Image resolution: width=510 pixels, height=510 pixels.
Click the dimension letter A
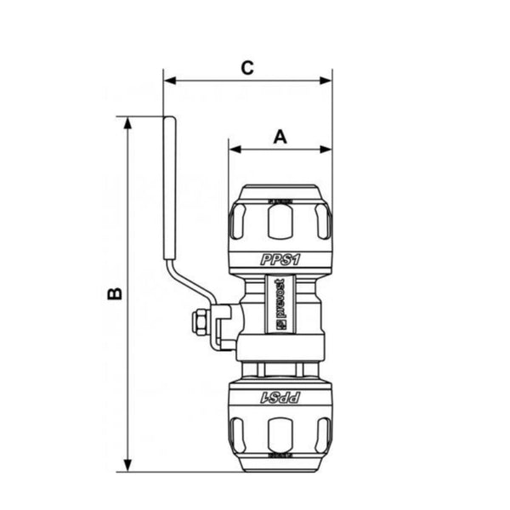click(x=280, y=134)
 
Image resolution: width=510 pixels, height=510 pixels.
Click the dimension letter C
click(x=247, y=68)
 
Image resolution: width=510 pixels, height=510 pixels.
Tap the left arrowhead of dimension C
click(x=168, y=82)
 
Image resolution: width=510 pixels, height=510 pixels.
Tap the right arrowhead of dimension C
click(x=326, y=82)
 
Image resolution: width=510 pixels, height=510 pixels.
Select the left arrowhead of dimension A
click(x=234, y=150)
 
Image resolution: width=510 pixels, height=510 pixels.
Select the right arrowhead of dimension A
click(x=326, y=150)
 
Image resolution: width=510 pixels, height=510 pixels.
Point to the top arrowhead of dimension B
click(x=127, y=122)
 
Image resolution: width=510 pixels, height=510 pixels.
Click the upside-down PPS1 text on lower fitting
click(x=280, y=396)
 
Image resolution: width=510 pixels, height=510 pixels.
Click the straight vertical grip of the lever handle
click(x=167, y=187)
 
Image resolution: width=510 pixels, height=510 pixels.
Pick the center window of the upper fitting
click(x=280, y=223)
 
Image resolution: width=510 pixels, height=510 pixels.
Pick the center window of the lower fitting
click(x=280, y=435)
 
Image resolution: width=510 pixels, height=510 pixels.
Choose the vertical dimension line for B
click(x=127, y=340)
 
